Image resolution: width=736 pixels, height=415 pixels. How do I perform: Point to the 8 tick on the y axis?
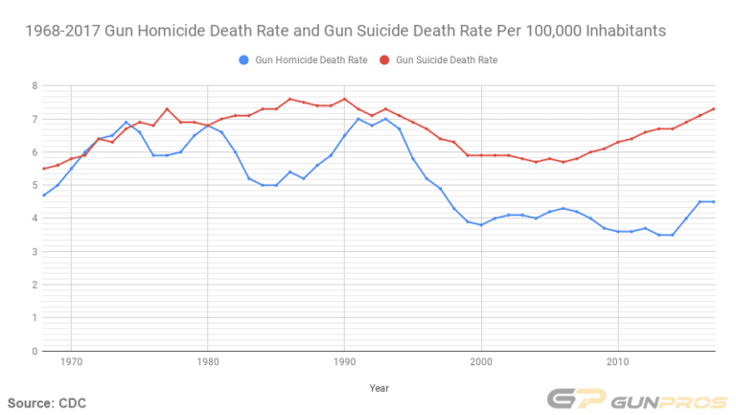point(34,86)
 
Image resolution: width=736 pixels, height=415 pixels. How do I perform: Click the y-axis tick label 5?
point(34,186)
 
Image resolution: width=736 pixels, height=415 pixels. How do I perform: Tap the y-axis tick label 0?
point(34,352)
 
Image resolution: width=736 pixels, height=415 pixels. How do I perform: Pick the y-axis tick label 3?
point(34,252)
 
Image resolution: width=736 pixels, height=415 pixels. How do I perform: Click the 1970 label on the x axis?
point(71,364)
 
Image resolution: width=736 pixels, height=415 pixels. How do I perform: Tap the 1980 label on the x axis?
point(208,364)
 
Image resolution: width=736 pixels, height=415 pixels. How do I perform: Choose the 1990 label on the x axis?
point(344,364)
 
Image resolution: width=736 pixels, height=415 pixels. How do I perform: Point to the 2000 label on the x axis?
point(481,364)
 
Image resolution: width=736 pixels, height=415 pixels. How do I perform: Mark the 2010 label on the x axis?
point(617,364)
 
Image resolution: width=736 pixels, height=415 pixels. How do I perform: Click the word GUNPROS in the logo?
point(661,400)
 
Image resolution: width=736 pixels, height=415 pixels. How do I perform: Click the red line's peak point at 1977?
point(167,109)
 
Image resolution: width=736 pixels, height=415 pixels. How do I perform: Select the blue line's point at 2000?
point(481,225)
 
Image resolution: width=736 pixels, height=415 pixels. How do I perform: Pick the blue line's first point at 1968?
point(44,196)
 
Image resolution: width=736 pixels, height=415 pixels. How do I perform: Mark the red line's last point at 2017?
point(713,109)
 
